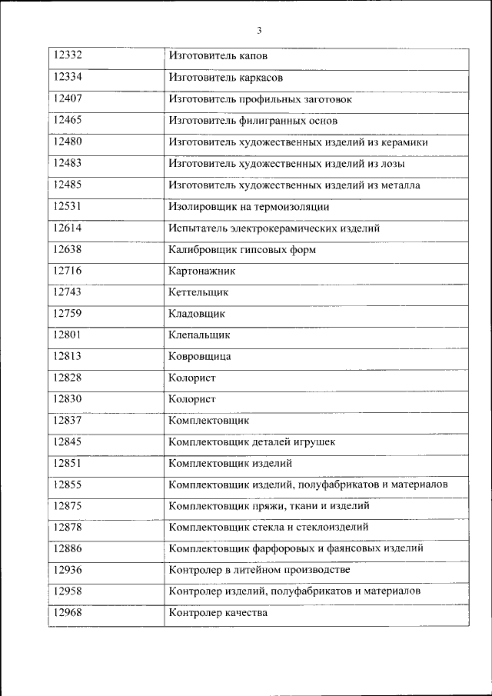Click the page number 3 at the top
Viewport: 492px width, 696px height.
pyautogui.click(x=259, y=31)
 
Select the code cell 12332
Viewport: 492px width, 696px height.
pyautogui.click(x=68, y=56)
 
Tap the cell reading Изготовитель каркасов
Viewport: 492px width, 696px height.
pyautogui.click(x=226, y=78)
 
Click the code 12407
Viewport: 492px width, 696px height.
pyautogui.click(x=68, y=99)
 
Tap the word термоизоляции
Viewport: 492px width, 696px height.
pyautogui.click(x=292, y=207)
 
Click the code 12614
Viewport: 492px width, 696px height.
pyautogui.click(x=68, y=228)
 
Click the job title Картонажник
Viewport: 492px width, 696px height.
pyautogui.click(x=201, y=271)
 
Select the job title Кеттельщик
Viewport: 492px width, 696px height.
pyautogui.click(x=198, y=293)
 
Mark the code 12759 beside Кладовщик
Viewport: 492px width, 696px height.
pyautogui.click(x=68, y=314)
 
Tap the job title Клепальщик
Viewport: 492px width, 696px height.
pyautogui.click(x=198, y=335)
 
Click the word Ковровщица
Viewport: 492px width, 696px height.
pyautogui.click(x=199, y=357)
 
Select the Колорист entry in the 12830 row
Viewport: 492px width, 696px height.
pyautogui.click(x=191, y=399)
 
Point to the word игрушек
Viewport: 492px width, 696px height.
pyautogui.click(x=314, y=442)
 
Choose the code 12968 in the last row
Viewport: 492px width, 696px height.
pyautogui.click(x=68, y=613)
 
